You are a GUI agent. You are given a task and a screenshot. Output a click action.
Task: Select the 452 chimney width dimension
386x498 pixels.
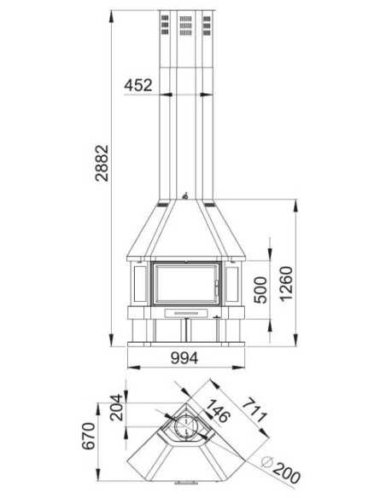pyautogui.click(x=138, y=85)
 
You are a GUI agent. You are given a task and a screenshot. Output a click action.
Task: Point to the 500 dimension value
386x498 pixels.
pyautogui.click(x=261, y=291)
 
